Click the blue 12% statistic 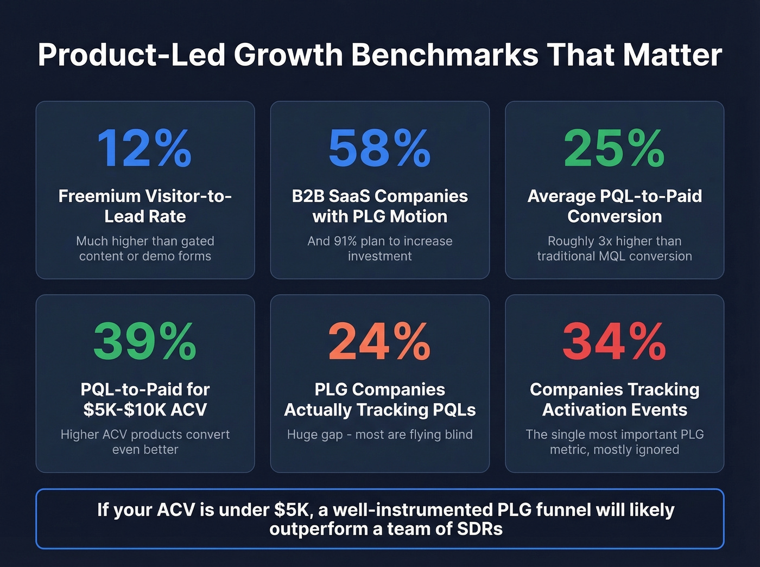pyautogui.click(x=144, y=148)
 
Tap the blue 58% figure pyautogui.click(x=379, y=148)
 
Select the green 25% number pyautogui.click(x=614, y=148)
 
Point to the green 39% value pyautogui.click(x=144, y=341)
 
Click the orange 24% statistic pyautogui.click(x=379, y=341)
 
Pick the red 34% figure pyautogui.click(x=614, y=341)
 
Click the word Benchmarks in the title pyautogui.click(x=445, y=55)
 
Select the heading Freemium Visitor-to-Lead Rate pyautogui.click(x=145, y=206)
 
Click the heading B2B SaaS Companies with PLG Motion pyautogui.click(x=379, y=206)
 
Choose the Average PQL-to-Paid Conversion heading pyautogui.click(x=615, y=206)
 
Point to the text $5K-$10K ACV pyautogui.click(x=145, y=410)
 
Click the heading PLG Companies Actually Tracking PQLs pyautogui.click(x=379, y=399)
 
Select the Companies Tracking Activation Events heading pyautogui.click(x=615, y=399)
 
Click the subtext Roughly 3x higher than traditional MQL pyautogui.click(x=615, y=249)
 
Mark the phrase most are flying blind pyautogui.click(x=414, y=435)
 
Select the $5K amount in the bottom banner pyautogui.click(x=293, y=510)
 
